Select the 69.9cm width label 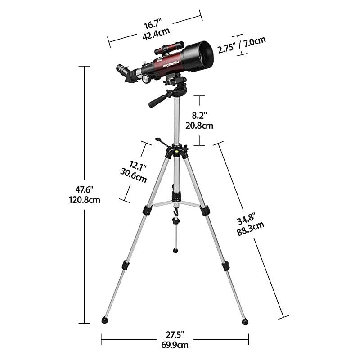coord(175,345)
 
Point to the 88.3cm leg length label coord(250,230)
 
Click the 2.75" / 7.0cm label coord(241,40)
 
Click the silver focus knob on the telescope coord(147,79)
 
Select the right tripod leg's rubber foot coord(245,321)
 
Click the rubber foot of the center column coord(175,249)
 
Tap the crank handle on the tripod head coord(161,143)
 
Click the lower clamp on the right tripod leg coord(225,265)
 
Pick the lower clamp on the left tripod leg coord(126,265)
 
